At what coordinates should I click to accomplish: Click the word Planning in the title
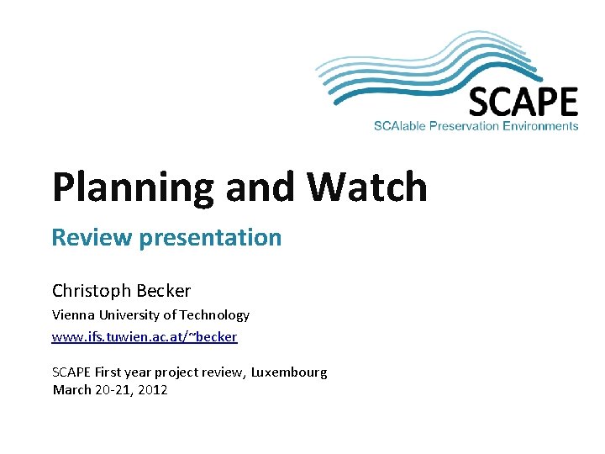click(x=134, y=188)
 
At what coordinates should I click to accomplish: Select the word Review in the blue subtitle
click(x=92, y=238)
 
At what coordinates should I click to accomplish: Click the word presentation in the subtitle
click(x=210, y=239)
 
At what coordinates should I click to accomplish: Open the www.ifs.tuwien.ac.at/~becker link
click(x=145, y=337)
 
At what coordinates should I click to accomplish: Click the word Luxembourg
click(x=289, y=372)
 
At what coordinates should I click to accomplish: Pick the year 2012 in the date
click(x=153, y=390)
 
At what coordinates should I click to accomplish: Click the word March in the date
click(x=71, y=390)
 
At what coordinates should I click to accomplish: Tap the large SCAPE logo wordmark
click(x=523, y=103)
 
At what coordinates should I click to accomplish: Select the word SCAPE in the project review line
click(x=71, y=372)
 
